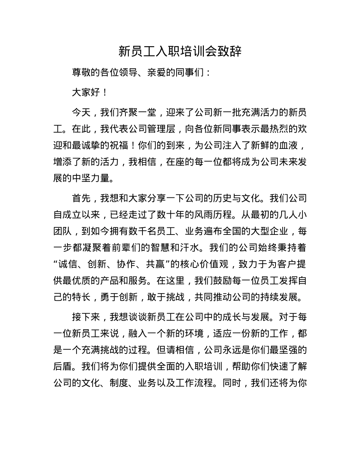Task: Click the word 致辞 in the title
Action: click(x=230, y=52)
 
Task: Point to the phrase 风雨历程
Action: click(x=232, y=215)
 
